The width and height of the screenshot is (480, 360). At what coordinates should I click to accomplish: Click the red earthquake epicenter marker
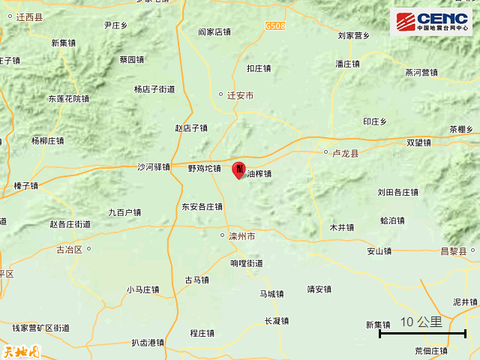coord(238,169)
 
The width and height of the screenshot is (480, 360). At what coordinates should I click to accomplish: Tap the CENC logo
coord(431,22)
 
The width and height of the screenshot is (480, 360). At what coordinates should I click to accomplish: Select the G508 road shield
coord(275,25)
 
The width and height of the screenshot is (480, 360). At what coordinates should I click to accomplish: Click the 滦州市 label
coord(241,235)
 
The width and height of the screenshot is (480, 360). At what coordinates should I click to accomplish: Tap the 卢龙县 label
coord(346,153)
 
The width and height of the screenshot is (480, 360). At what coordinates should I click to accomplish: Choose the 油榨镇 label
coord(259,174)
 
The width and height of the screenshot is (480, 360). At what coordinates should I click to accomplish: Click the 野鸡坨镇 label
coord(204,169)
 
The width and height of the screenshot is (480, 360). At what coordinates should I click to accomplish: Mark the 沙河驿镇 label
coord(154,167)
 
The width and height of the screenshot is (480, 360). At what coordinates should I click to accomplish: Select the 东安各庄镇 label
coord(202,207)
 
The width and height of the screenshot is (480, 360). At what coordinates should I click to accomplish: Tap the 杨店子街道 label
coord(154,89)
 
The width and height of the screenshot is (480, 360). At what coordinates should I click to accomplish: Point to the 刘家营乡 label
coord(353,35)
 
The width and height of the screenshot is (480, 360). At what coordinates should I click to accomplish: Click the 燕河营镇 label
coord(421,73)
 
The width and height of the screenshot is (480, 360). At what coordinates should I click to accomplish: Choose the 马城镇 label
coord(271,294)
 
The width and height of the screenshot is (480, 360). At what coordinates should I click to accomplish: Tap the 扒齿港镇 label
coord(147,343)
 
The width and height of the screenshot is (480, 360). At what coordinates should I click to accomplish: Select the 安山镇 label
coord(379,251)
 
